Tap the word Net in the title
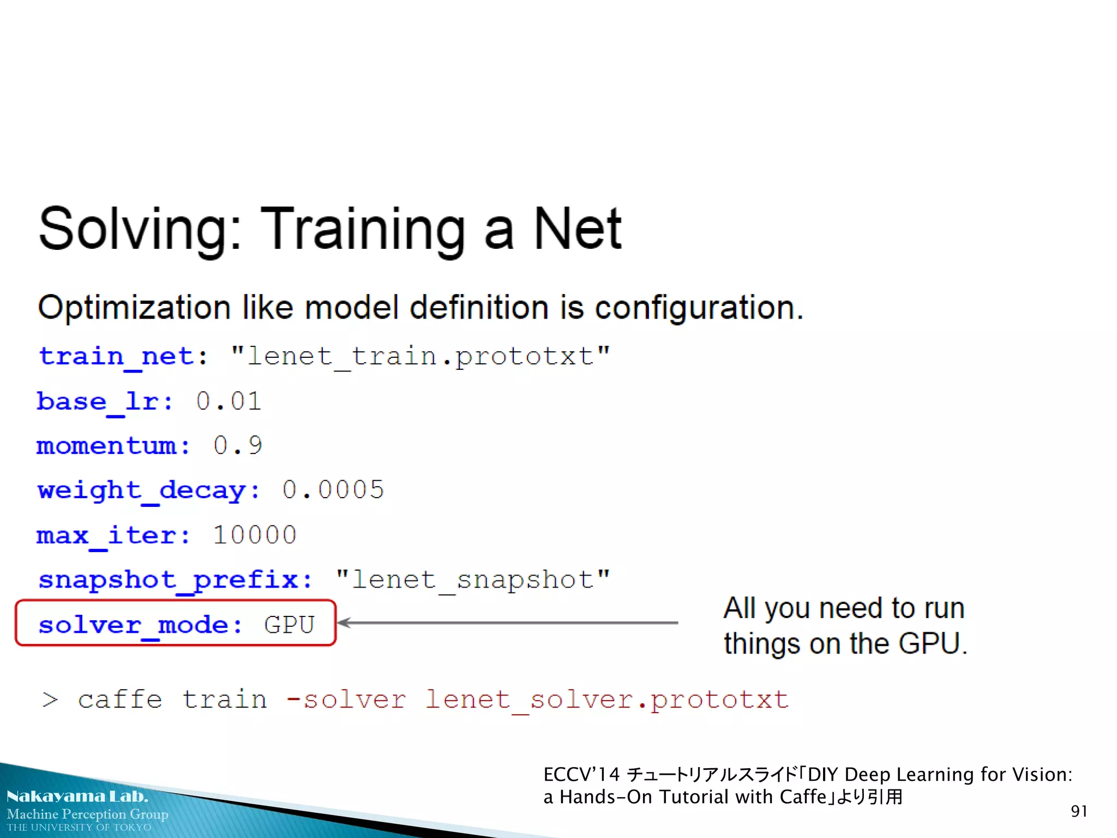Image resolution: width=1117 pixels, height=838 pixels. [x=577, y=229]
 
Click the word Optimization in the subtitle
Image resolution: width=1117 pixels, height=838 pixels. [x=134, y=308]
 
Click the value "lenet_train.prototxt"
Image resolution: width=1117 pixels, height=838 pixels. [x=420, y=357]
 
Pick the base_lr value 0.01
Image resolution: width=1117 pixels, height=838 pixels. [x=229, y=402]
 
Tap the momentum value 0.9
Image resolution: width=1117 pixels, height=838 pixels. [x=238, y=446]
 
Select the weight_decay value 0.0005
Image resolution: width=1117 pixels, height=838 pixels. [x=333, y=490]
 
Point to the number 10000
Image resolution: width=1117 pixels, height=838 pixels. [x=255, y=535]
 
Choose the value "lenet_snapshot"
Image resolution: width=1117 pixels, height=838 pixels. [x=472, y=579]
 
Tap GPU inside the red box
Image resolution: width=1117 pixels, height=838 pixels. [x=289, y=625]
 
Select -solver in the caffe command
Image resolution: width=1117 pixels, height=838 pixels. [x=346, y=699]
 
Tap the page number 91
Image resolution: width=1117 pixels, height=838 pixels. [x=1079, y=811]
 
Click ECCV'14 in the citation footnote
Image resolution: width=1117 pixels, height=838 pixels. [x=581, y=774]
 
